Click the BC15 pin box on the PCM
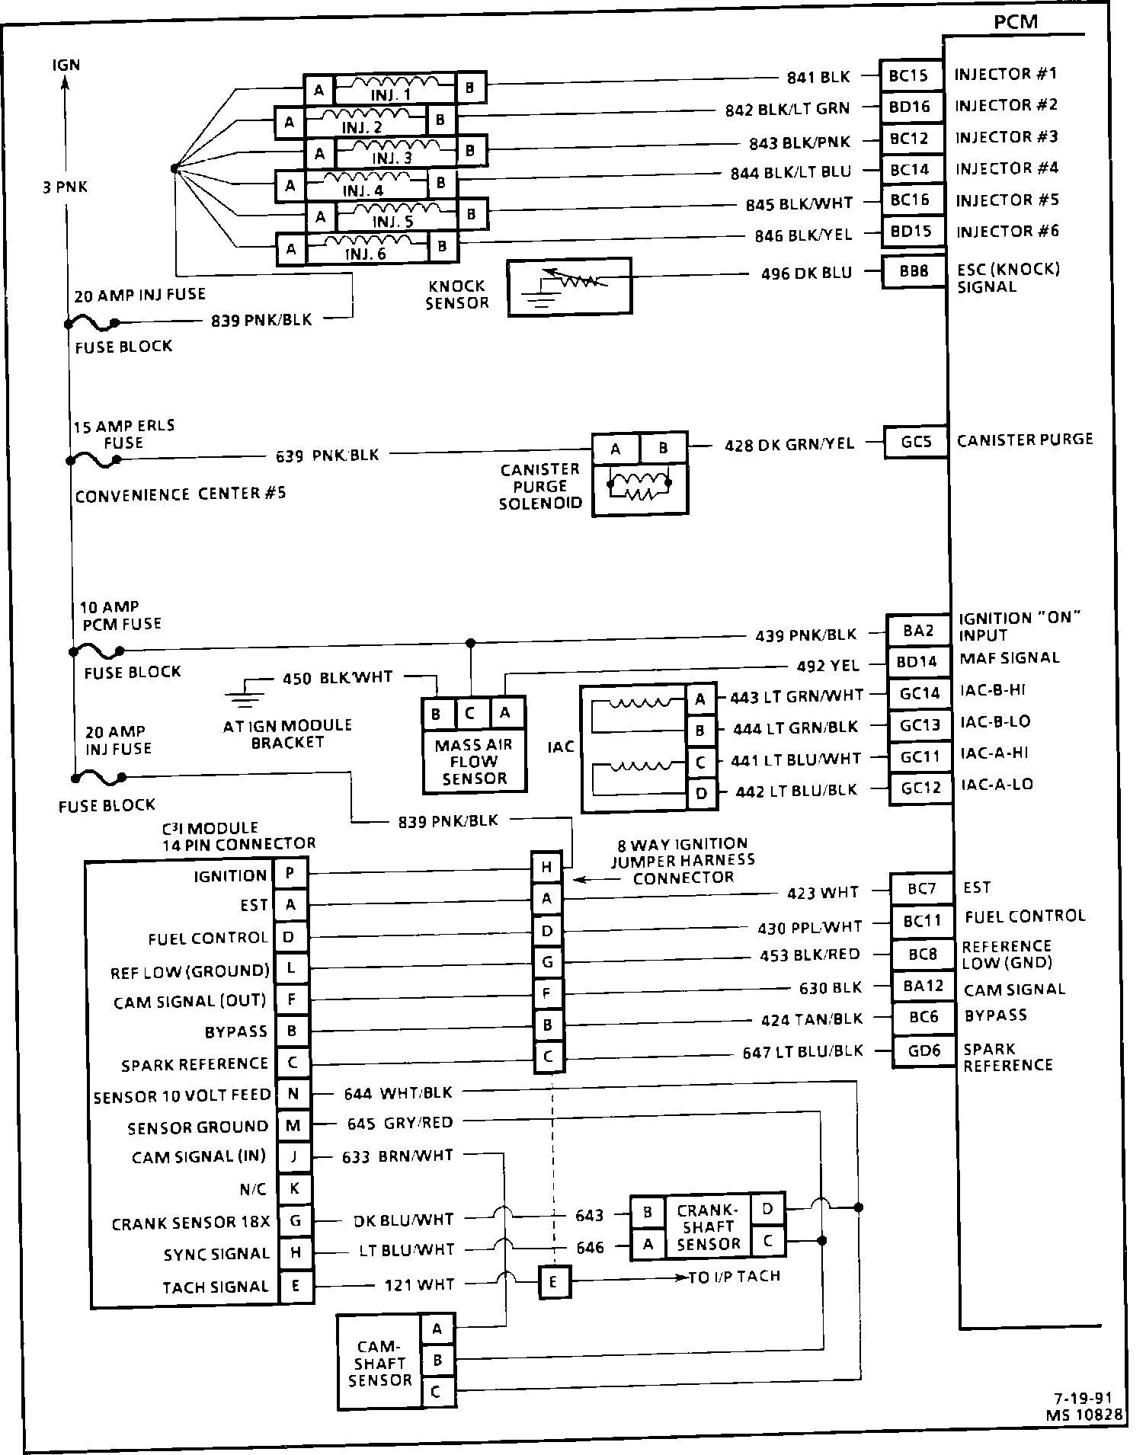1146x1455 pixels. pos(909,75)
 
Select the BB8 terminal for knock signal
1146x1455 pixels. pos(914,272)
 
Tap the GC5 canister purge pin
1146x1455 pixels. pos(916,442)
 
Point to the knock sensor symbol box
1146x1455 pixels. pos(569,286)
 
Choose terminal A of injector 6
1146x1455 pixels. pos(290,248)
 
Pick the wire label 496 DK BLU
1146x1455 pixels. pos(806,273)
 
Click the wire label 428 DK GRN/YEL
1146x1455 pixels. pos(789,443)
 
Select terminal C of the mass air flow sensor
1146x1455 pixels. pos(470,714)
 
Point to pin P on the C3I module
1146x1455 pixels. pos(290,874)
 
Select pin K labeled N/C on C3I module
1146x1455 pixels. pos(293,1188)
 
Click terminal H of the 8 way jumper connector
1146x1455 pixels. pos(547,867)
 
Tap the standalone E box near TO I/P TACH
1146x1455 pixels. pos(553,1282)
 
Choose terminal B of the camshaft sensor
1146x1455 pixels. pos(437,1360)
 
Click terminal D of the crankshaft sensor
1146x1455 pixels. pos(767,1208)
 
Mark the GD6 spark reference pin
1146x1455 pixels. pos(924,1051)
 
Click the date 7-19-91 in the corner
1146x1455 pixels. pos(1084,1398)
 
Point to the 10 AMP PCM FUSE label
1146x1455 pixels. pos(120,616)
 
